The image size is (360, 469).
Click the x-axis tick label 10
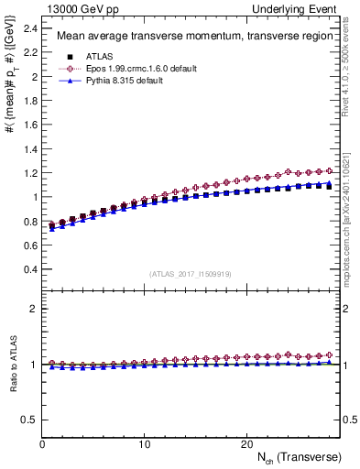tap(145, 444)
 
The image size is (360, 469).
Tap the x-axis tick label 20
tap(246, 444)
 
